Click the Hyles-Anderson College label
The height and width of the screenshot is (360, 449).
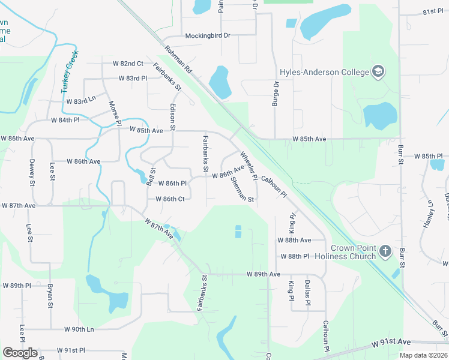324,73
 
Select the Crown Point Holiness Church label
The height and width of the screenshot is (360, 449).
354,252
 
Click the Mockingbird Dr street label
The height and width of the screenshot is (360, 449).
208,35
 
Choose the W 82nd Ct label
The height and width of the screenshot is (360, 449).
128,63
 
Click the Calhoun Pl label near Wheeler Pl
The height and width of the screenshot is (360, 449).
274,187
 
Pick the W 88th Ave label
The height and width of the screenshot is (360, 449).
294,240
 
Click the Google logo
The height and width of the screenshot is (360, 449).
20,353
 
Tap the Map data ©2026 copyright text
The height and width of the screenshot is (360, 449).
423,355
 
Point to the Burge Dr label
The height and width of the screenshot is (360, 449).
276,95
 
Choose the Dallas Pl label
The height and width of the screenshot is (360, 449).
307,293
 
